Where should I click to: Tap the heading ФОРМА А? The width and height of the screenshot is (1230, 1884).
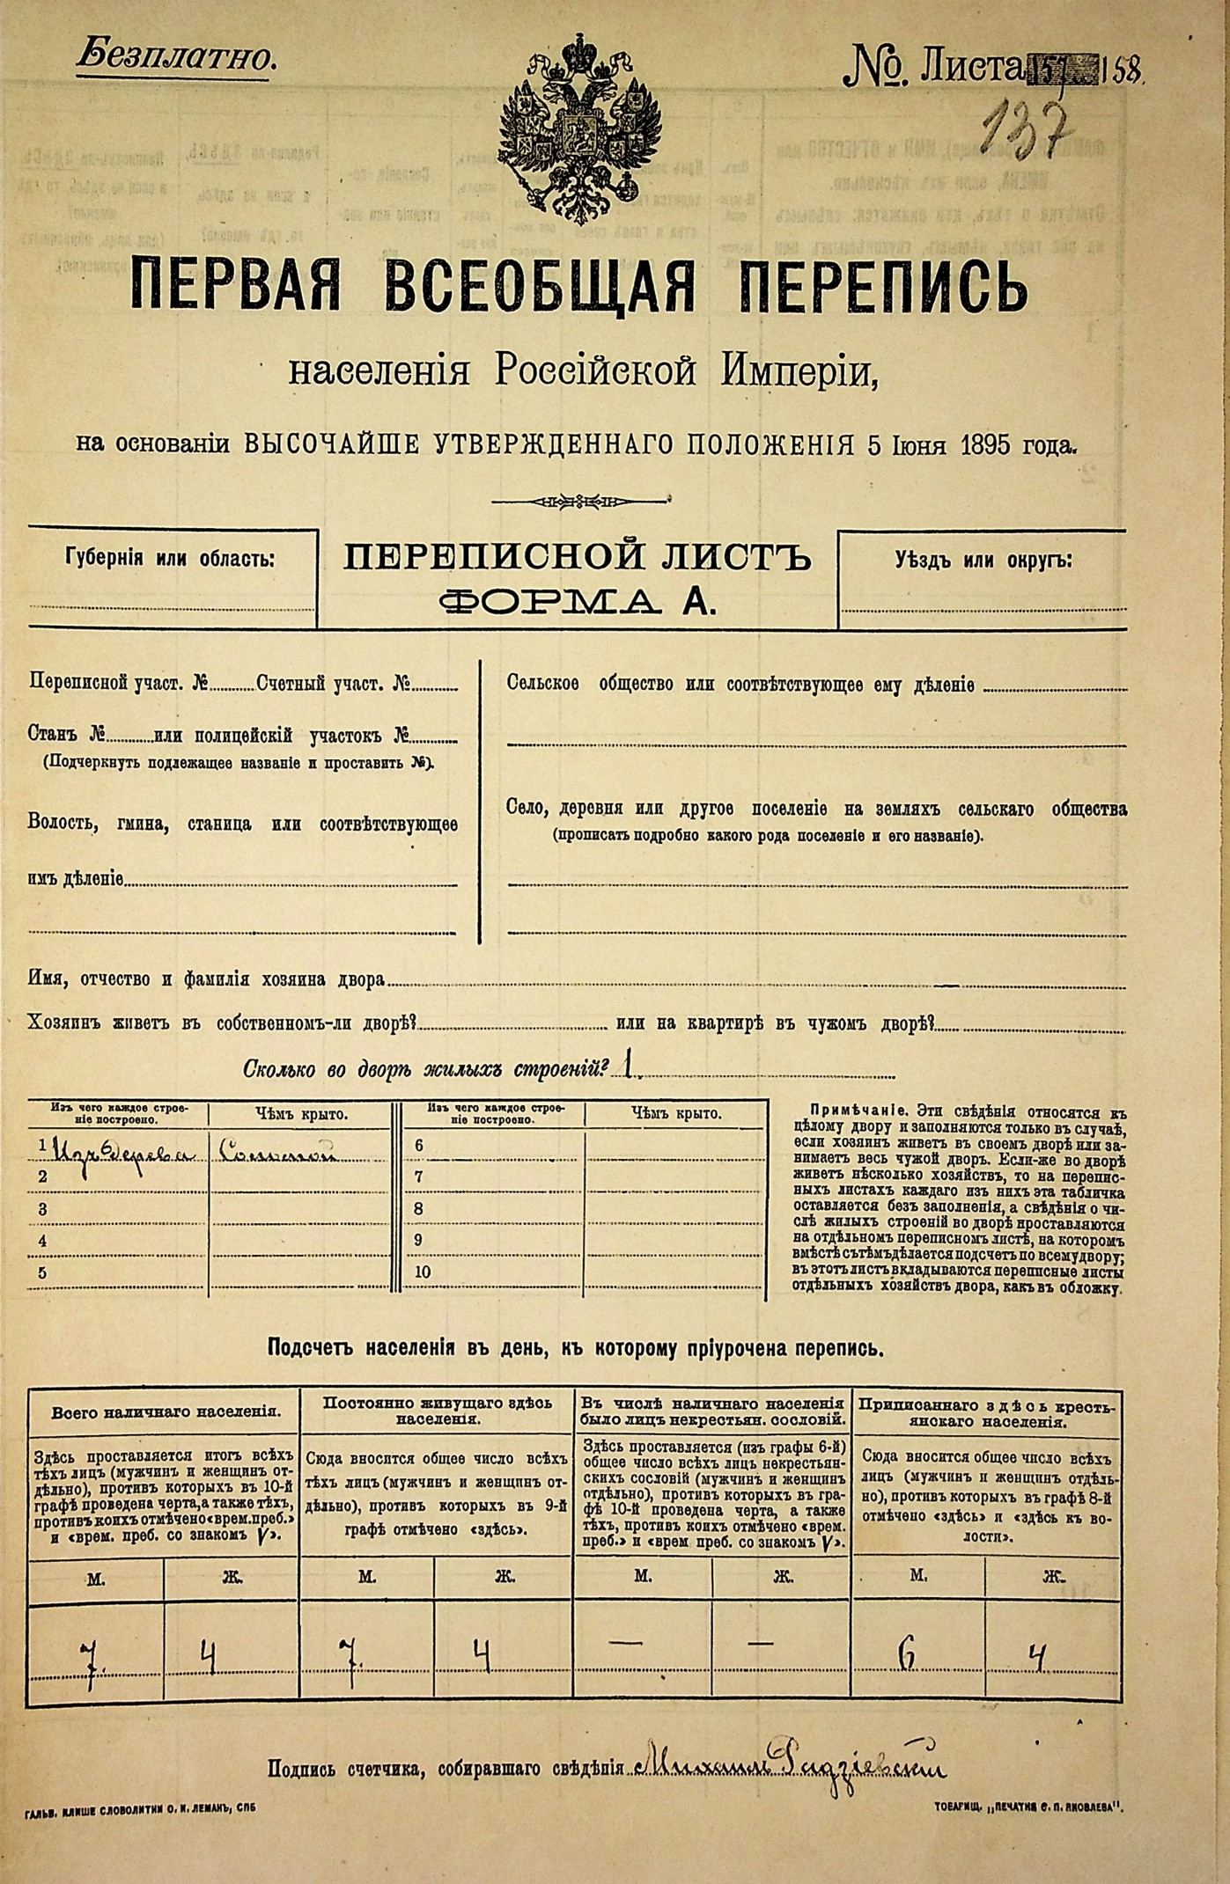[x=578, y=601]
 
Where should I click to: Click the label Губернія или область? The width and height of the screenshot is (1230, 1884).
[x=170, y=560]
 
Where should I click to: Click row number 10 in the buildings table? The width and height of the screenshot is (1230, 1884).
[x=423, y=1272]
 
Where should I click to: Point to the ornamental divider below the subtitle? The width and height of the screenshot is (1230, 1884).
[x=578, y=502]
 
